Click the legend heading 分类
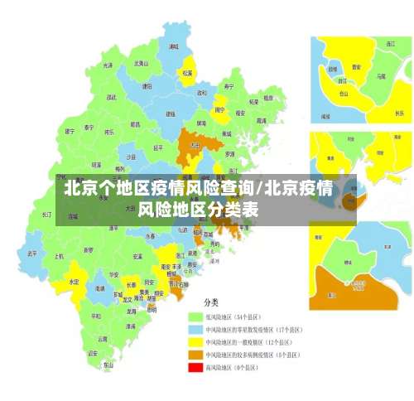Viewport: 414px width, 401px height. tap(212, 302)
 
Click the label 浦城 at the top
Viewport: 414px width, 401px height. tap(173, 47)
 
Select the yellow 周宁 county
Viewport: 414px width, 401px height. tap(220, 109)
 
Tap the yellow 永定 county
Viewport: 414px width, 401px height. tap(75, 282)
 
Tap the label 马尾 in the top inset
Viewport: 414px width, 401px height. tap(380, 75)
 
